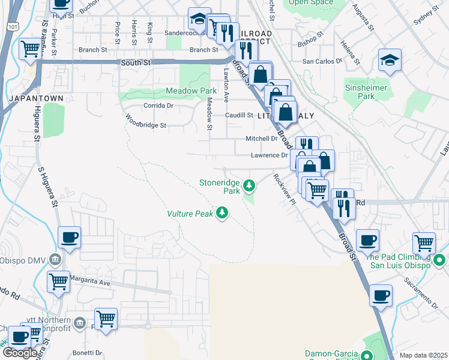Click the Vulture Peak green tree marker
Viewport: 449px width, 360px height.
pos(223,213)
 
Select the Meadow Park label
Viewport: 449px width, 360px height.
pos(191,91)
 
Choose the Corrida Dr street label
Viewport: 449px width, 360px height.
pos(158,105)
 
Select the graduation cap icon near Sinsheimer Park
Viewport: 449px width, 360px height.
pos(390,60)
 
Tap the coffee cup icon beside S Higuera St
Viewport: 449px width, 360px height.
pos(69,238)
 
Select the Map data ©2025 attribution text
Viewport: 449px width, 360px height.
pos(423,355)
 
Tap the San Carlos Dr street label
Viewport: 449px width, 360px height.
pos(322,61)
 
